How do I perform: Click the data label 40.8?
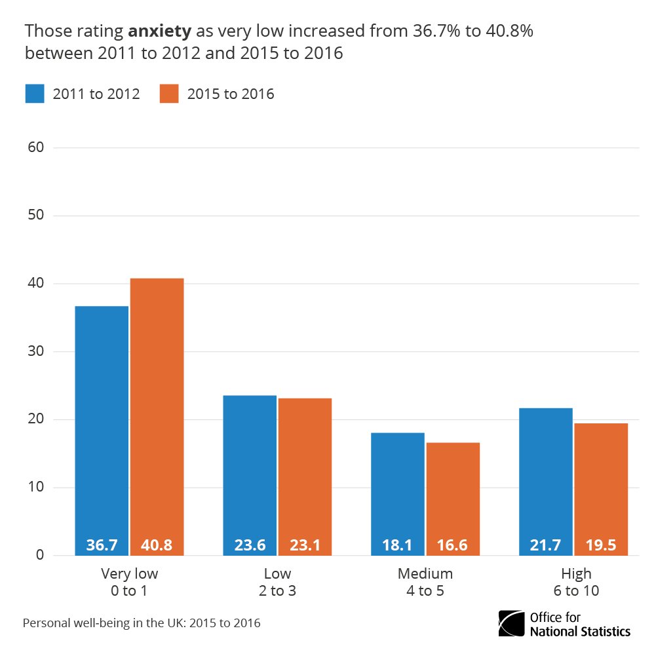tap(157, 545)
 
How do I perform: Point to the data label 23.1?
tap(305, 545)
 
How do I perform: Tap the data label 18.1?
tap(398, 545)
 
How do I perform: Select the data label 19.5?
tap(601, 545)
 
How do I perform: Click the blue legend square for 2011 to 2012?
tap(35, 94)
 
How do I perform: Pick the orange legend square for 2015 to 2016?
tap(169, 94)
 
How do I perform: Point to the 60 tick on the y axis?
tap(35, 147)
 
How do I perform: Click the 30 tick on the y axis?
tap(35, 352)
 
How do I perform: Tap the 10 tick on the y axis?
tap(35, 488)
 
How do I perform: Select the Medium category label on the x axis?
tap(425, 574)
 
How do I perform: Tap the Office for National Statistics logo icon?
tap(511, 623)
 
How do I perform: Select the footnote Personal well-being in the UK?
tap(142, 623)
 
